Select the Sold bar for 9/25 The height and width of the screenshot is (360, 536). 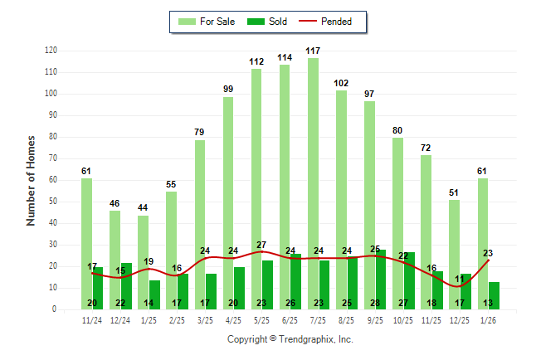click(x=381, y=280)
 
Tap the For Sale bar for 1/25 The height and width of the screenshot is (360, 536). click(x=144, y=257)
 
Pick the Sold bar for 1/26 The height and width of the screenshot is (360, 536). click(x=495, y=295)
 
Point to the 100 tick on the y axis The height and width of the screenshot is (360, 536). click(x=51, y=94)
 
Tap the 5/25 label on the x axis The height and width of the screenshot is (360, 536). click(x=261, y=321)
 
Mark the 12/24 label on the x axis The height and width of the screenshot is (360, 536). click(x=120, y=321)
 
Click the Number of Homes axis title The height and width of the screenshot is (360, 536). click(x=31, y=180)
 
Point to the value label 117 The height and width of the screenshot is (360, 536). click(x=313, y=51)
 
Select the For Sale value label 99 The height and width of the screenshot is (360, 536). click(x=228, y=90)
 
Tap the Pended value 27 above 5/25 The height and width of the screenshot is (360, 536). click(x=261, y=246)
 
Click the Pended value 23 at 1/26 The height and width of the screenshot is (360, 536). click(x=488, y=254)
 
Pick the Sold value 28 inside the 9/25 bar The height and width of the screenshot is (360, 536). click(x=375, y=303)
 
